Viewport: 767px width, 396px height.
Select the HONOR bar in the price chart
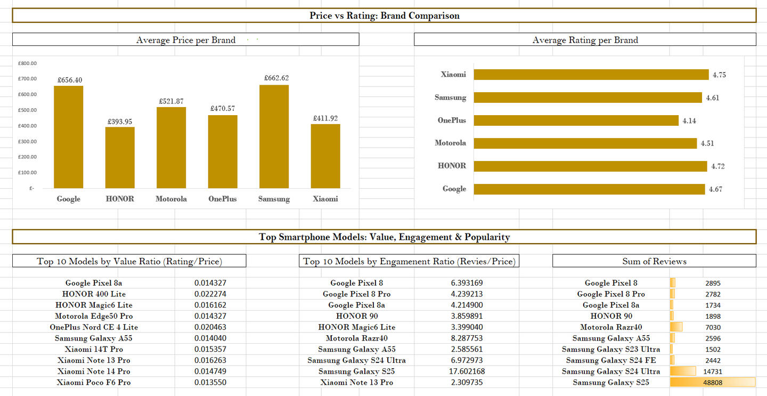[x=120, y=157]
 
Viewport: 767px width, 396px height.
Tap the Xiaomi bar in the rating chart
[x=591, y=75]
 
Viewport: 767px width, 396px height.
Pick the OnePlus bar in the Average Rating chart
[x=576, y=120]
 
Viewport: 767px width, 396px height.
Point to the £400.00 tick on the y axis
[x=27, y=126]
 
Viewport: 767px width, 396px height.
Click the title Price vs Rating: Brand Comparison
[x=384, y=15]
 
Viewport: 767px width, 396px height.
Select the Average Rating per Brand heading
[x=585, y=40]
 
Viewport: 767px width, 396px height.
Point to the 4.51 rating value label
[x=707, y=143]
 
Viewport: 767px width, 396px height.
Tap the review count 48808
[x=712, y=383]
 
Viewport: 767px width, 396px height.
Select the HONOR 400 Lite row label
[x=94, y=294]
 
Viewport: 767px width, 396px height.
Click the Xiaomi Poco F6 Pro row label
[x=94, y=383]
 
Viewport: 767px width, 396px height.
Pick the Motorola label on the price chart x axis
[x=171, y=199]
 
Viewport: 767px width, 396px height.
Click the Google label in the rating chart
[x=454, y=189]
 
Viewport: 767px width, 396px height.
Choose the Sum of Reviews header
[x=654, y=261]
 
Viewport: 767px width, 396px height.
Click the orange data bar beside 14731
[x=683, y=371]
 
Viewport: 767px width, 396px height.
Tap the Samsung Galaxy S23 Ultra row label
[x=610, y=350]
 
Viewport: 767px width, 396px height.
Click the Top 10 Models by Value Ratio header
[x=129, y=261]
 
